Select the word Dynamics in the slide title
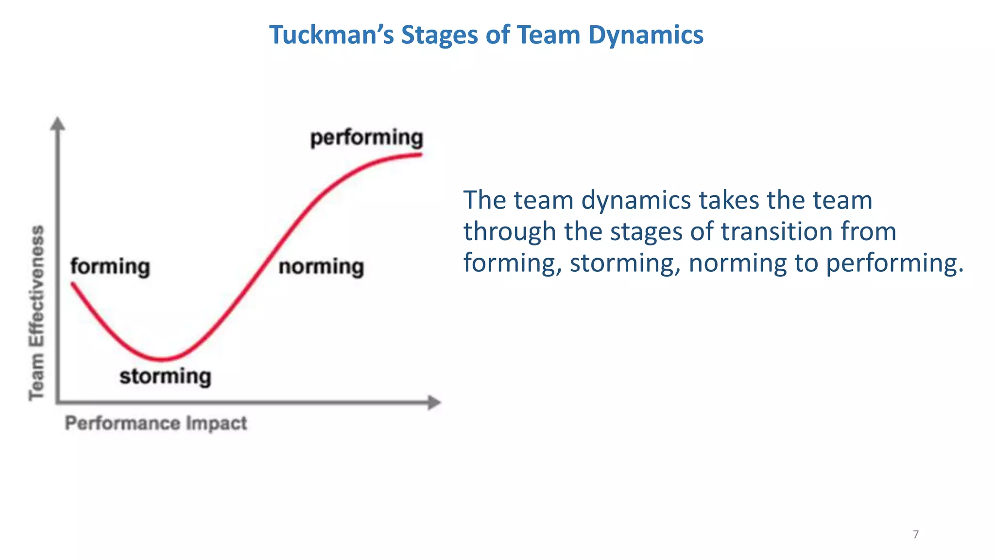point(646,35)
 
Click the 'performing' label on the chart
point(367,138)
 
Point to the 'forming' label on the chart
point(110,266)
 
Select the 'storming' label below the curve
point(165,376)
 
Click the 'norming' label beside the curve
point(321,266)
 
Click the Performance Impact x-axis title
point(156,423)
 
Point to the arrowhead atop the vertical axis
point(58,123)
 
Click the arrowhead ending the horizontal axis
point(434,402)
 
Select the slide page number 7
point(916,535)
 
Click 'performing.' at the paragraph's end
point(894,263)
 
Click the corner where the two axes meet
point(58,402)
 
